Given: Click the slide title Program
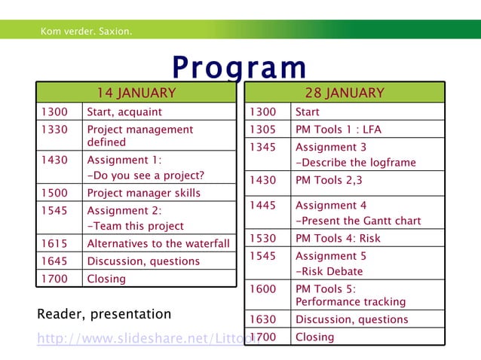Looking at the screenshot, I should [x=239, y=68].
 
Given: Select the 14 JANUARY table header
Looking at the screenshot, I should [x=136, y=93].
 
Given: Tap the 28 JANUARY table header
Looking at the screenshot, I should [x=344, y=93].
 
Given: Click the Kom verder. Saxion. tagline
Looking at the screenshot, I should [x=87, y=32].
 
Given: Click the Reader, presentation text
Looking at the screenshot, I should [x=104, y=314].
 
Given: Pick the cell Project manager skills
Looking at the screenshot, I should [x=143, y=193].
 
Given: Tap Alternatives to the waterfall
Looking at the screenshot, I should [x=158, y=243].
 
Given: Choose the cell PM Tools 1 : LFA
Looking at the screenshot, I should [x=339, y=130].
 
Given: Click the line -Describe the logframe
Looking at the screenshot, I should [x=355, y=163].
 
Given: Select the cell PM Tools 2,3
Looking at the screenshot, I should [x=329, y=180].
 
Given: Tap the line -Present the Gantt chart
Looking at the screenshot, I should [x=358, y=221].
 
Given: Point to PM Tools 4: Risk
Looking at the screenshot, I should [x=338, y=238].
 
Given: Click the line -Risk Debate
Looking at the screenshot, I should [x=329, y=271].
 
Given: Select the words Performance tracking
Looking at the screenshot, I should [x=351, y=301].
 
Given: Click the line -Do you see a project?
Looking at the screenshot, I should [x=146, y=175].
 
